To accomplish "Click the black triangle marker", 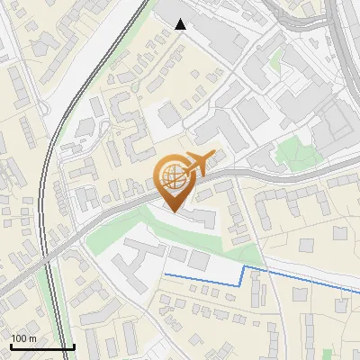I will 181,24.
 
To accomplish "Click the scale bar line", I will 42,346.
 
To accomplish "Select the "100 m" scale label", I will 23,338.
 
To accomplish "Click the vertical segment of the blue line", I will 244,275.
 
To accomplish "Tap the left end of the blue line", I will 165,273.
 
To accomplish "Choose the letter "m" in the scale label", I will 32,338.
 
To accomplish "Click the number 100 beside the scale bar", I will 19,338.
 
